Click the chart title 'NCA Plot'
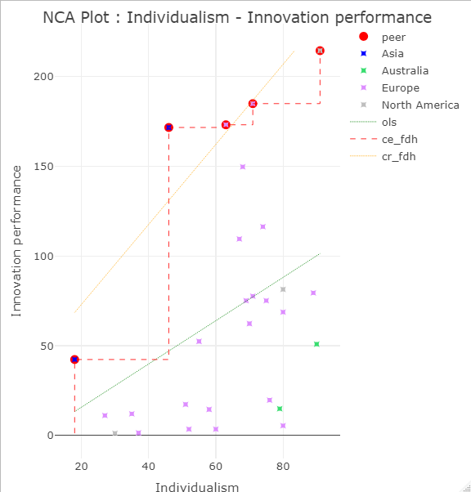click(236, 17)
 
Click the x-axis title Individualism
click(197, 487)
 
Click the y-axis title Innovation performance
click(16, 240)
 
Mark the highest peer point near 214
click(320, 51)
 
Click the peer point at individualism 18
click(74, 360)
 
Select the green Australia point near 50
click(316, 344)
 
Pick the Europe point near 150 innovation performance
click(243, 167)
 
